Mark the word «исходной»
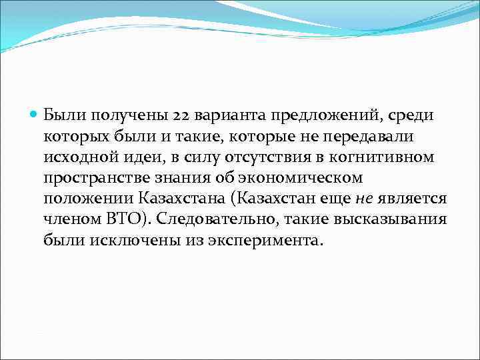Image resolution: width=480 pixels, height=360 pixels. click(75, 157)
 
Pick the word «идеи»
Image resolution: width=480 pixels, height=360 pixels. click(135, 157)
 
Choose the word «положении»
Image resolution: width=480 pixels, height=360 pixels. click(87, 199)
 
